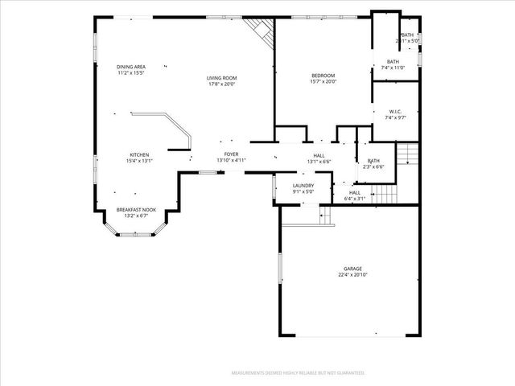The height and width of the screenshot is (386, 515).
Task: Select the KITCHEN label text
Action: point(139,154)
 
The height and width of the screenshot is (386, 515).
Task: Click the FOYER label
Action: point(230,154)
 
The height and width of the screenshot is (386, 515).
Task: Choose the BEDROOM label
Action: point(323,76)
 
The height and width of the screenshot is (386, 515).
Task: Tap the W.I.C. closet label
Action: point(395,112)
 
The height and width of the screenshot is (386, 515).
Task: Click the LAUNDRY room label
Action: point(303,186)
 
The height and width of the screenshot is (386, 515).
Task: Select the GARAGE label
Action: point(352,269)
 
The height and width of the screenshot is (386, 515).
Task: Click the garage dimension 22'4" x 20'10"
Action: point(352,275)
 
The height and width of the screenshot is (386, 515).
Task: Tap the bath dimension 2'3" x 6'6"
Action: point(373,166)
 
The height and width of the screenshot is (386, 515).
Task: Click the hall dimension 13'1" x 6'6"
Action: point(319,162)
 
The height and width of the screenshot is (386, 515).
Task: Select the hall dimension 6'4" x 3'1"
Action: point(355,199)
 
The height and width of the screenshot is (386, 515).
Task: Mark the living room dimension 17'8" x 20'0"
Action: point(221,83)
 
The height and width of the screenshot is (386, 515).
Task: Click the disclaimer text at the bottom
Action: point(298,373)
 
